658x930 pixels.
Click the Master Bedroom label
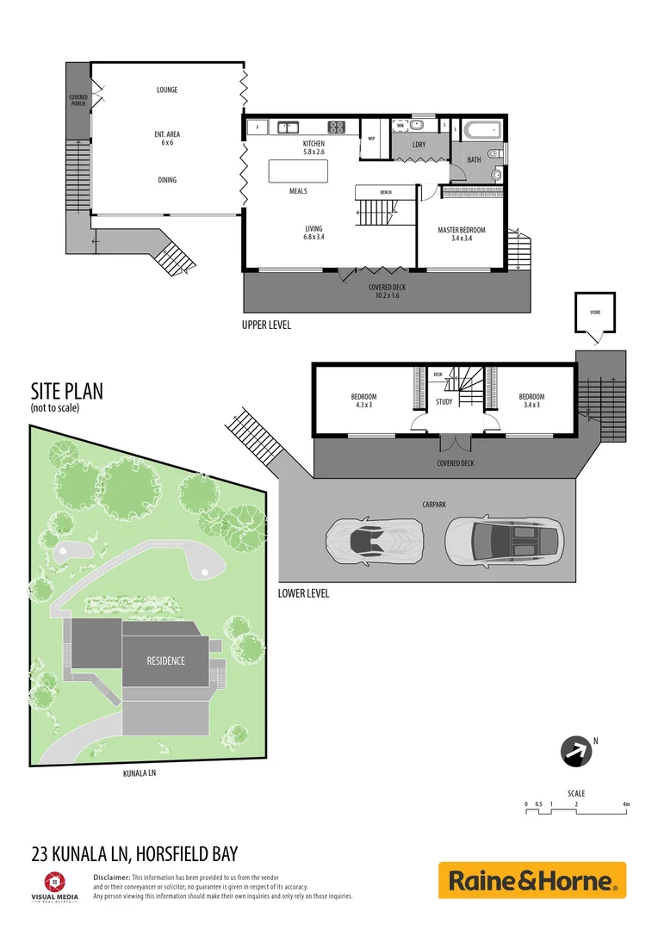tap(461, 230)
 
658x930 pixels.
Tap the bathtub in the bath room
tap(481, 132)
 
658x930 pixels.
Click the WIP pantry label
tap(372, 138)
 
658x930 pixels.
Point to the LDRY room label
tap(419, 145)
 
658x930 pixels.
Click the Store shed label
tap(594, 312)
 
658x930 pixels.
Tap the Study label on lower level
tap(444, 402)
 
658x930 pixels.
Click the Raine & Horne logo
tap(532, 880)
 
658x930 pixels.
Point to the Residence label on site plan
tap(165, 660)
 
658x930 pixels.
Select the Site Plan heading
tap(67, 392)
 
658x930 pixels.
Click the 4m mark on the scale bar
tap(626, 804)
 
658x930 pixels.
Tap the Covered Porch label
tap(78, 100)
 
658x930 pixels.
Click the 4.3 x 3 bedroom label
tap(364, 400)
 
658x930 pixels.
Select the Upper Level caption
tap(267, 325)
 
